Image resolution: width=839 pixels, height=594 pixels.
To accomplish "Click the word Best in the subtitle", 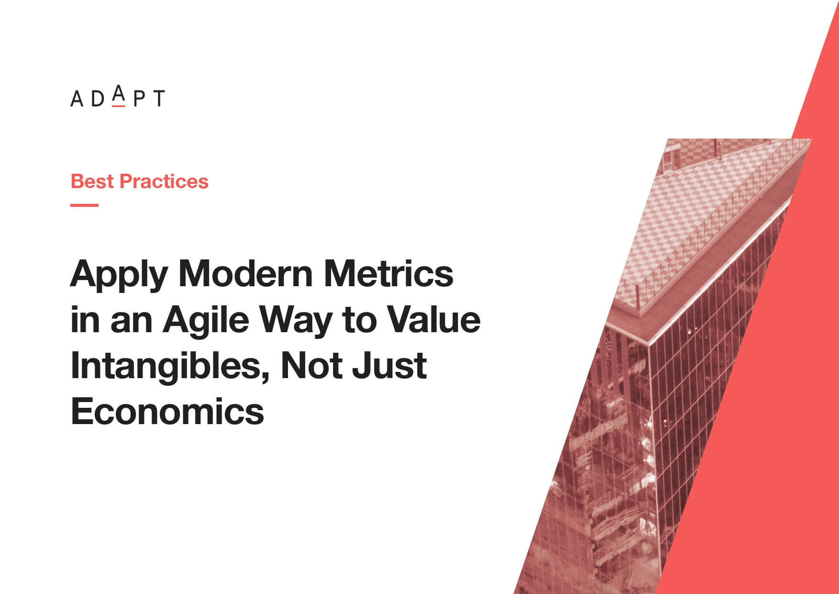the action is [x=92, y=181].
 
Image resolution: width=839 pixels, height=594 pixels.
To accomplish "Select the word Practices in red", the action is [x=164, y=181].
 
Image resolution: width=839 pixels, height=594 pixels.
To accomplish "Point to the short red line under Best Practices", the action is [x=85, y=205].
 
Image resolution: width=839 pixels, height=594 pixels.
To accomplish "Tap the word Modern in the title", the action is [x=245, y=274].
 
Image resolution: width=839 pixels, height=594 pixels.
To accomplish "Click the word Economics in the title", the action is [x=167, y=411].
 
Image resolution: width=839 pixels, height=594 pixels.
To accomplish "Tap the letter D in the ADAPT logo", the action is [x=98, y=98].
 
